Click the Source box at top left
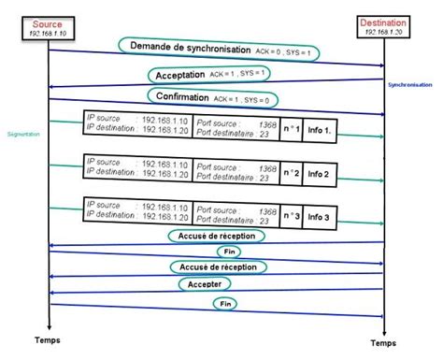(x=48, y=27)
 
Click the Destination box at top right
(x=384, y=27)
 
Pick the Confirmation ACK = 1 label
(x=214, y=96)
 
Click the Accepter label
(x=209, y=284)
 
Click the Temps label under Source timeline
(x=48, y=339)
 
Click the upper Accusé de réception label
(x=217, y=237)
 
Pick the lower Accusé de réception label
(x=217, y=267)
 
